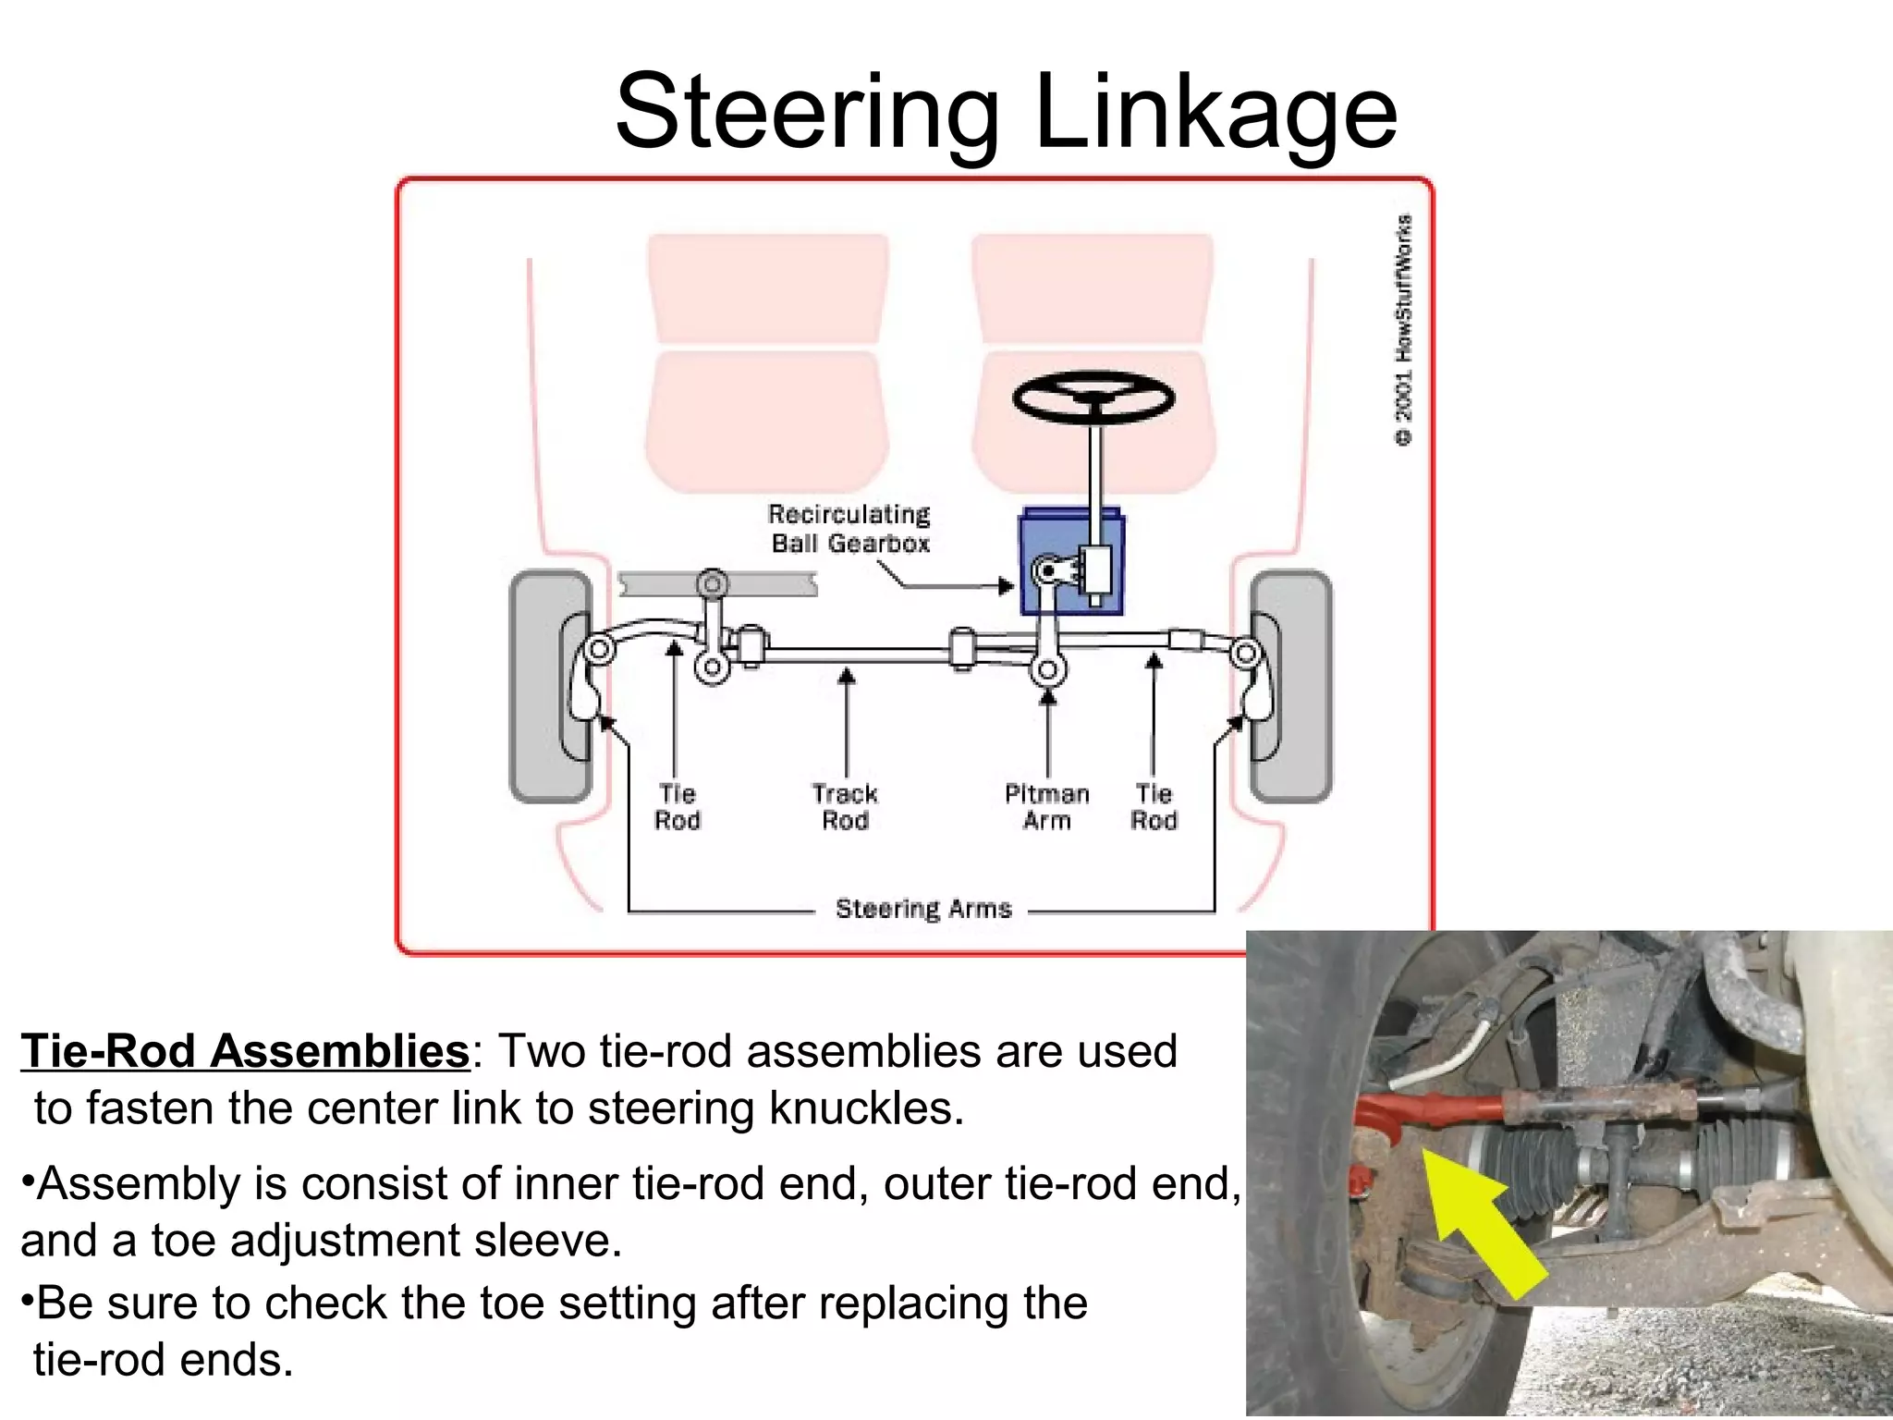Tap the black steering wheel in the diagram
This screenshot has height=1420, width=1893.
(1093, 398)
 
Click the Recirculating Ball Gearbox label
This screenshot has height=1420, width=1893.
(849, 529)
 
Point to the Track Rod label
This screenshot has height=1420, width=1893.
(845, 807)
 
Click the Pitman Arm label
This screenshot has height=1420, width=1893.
(1046, 807)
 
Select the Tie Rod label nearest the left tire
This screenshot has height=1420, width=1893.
(678, 807)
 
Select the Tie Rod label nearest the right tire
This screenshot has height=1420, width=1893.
(1154, 807)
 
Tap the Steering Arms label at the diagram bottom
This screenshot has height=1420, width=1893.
(922, 909)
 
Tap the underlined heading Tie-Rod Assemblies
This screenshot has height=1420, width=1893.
(246, 1051)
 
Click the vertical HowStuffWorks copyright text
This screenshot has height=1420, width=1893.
(1403, 330)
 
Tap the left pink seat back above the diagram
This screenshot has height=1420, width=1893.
(768, 288)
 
